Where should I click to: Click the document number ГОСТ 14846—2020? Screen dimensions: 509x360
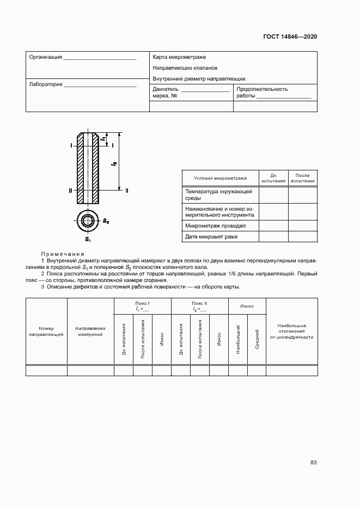290,36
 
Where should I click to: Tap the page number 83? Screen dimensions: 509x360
314,463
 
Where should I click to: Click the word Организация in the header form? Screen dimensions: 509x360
46,57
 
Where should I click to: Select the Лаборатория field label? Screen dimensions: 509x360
46,85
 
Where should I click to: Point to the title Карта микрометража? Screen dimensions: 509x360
179,57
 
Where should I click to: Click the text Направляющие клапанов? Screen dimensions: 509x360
185,68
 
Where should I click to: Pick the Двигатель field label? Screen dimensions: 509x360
166,89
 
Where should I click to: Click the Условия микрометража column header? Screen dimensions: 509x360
220,178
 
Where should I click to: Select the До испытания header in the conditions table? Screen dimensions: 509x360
273,178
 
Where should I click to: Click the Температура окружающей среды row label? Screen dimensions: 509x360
218,195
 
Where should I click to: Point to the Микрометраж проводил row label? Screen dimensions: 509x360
216,225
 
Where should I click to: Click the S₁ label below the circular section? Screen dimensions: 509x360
87,239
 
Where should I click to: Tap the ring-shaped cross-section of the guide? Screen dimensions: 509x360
87,221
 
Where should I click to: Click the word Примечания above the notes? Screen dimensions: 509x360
62,254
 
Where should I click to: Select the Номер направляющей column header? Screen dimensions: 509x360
46,332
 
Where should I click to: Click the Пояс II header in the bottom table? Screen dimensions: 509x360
199,303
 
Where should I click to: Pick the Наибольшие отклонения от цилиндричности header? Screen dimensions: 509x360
291,332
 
